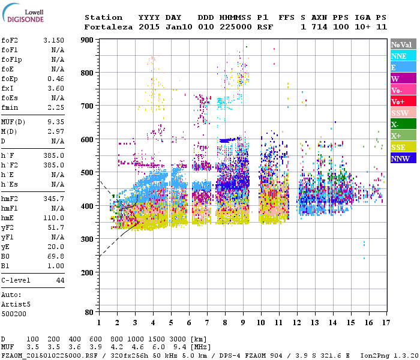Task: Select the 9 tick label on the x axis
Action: (243, 323)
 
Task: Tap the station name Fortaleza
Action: (106, 27)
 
